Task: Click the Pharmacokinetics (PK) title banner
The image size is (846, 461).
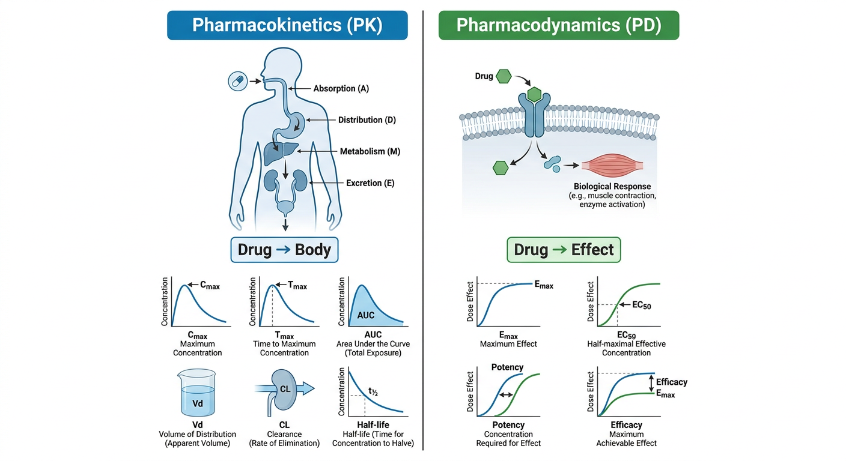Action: (x=287, y=25)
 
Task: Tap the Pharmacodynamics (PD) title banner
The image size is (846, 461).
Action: (x=559, y=25)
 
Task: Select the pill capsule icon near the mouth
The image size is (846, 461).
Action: (x=237, y=81)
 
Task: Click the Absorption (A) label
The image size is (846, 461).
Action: (x=341, y=89)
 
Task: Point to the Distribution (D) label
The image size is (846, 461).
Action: (x=367, y=120)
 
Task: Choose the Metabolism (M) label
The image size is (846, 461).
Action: (x=370, y=151)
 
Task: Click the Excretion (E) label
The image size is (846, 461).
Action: (x=370, y=183)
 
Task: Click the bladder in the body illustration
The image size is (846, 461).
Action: (x=285, y=207)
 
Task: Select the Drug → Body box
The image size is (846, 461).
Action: (x=284, y=250)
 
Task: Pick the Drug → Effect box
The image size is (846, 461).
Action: (x=564, y=250)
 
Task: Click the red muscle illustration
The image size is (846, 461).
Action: (x=612, y=165)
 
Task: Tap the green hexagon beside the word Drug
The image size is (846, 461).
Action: (x=504, y=76)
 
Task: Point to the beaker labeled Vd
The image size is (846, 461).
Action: (x=196, y=393)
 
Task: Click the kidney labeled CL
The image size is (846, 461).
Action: (x=284, y=390)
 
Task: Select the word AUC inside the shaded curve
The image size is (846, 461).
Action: (x=365, y=315)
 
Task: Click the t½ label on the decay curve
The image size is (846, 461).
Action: (x=373, y=392)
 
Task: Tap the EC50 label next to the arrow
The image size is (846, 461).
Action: (x=641, y=305)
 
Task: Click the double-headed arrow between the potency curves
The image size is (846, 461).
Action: (x=506, y=395)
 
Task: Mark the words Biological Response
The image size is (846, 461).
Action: (x=612, y=186)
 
